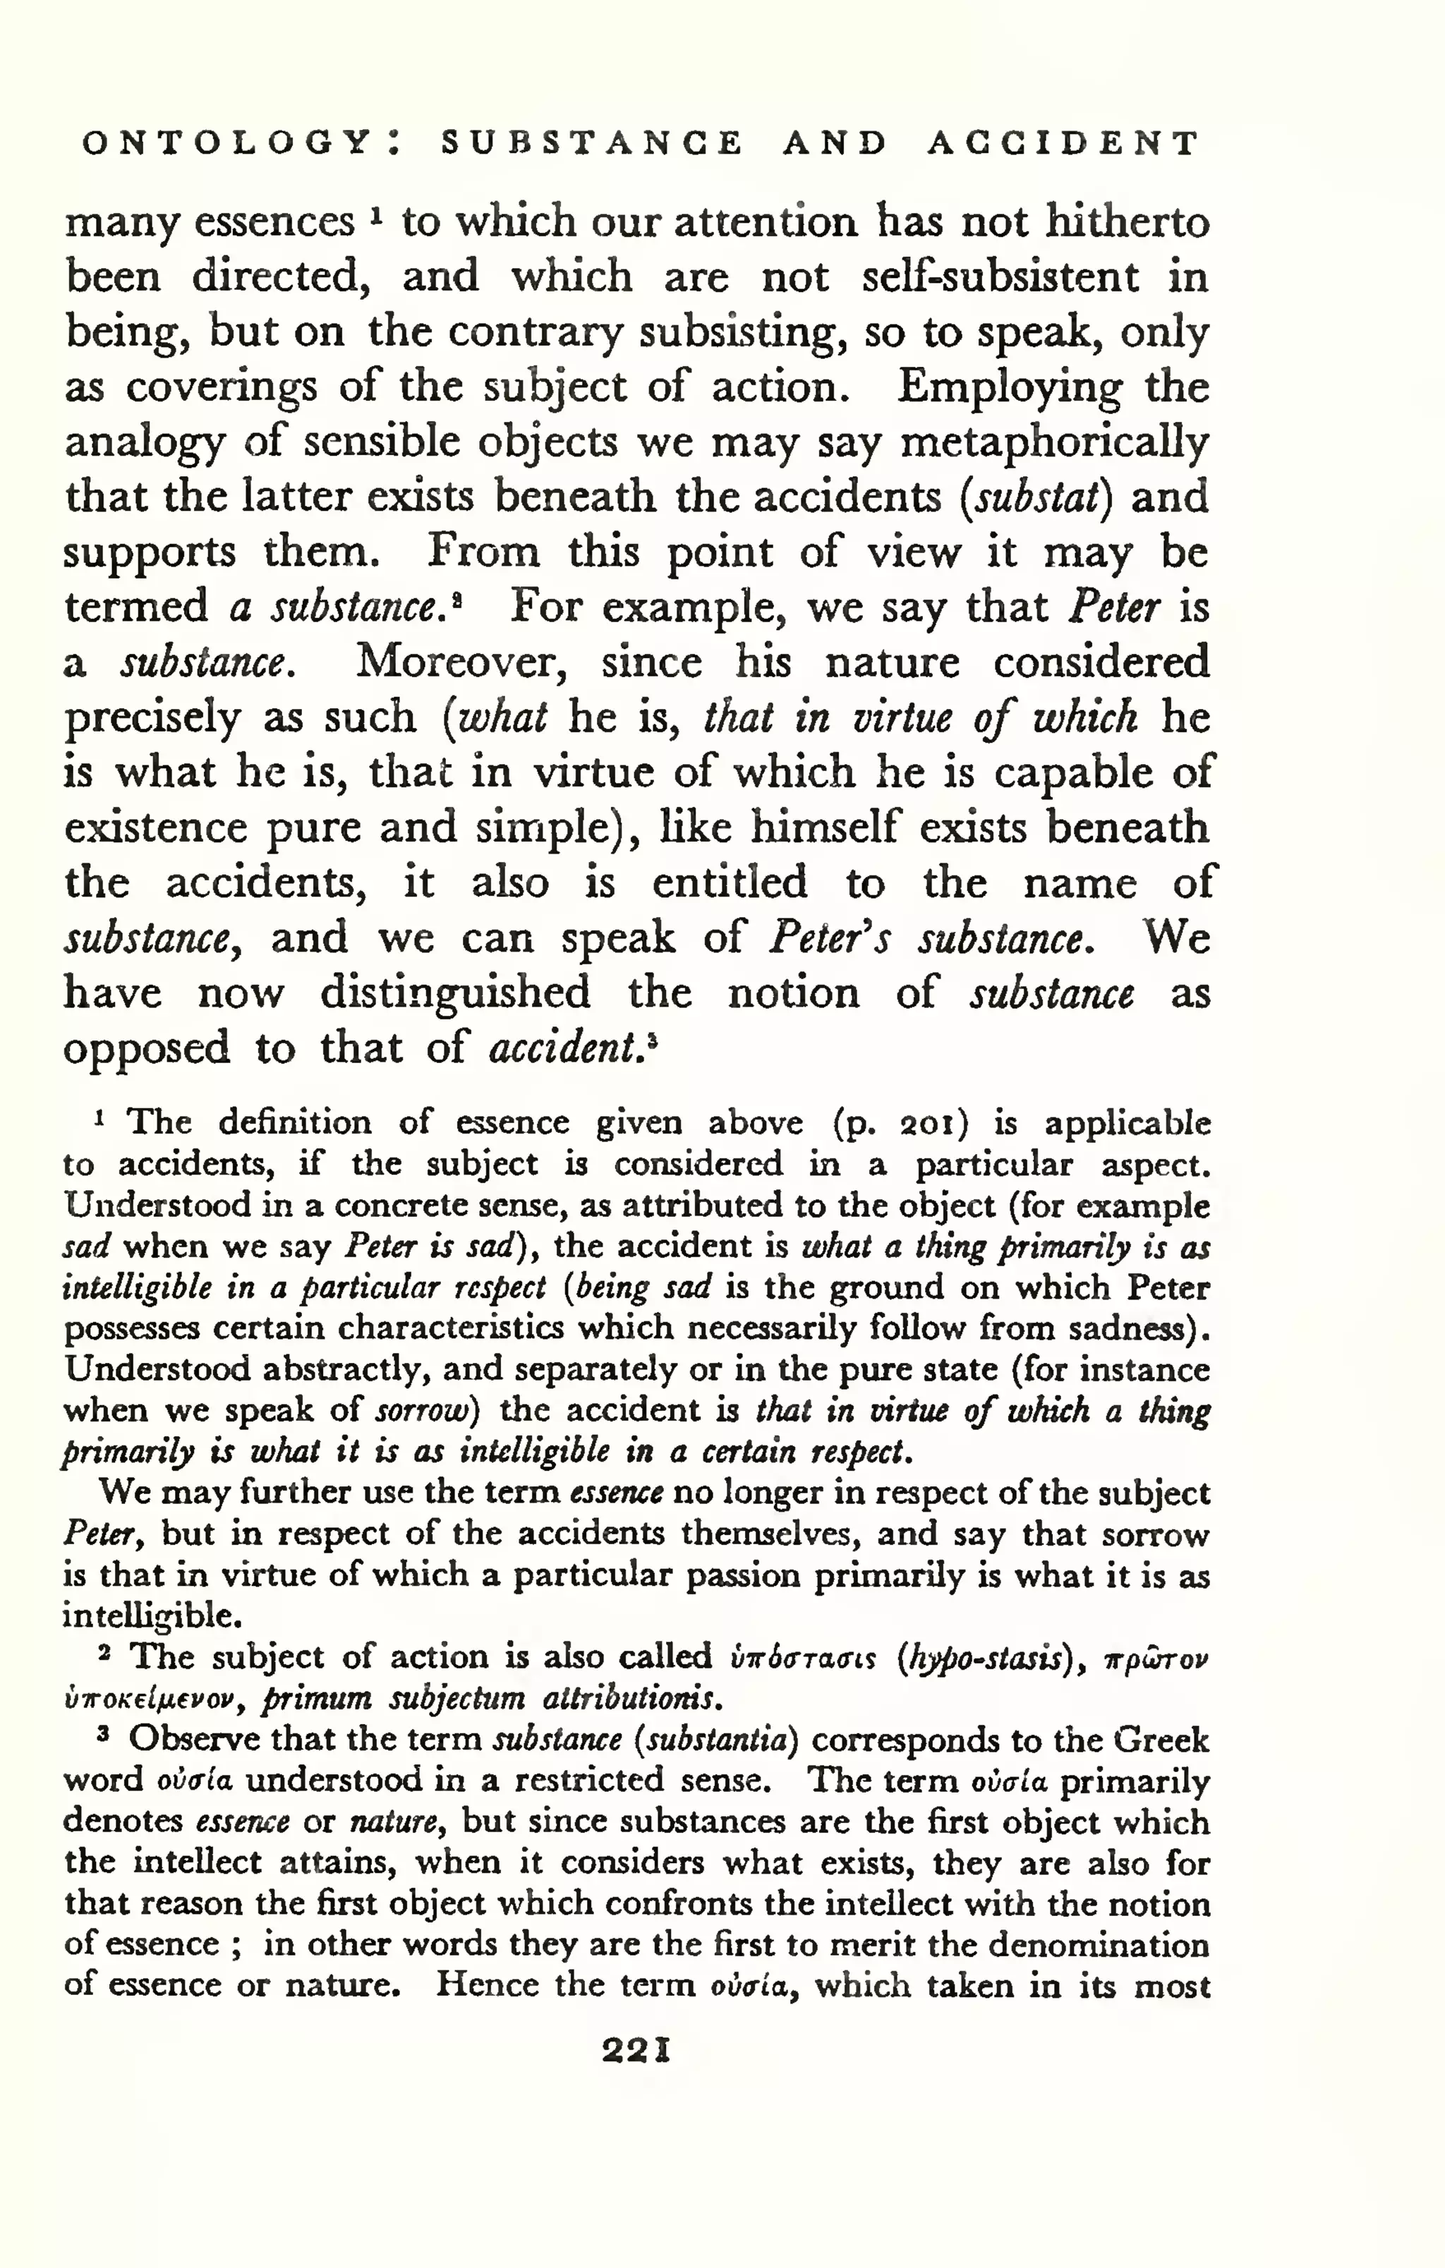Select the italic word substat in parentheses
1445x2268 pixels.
(x=1036, y=497)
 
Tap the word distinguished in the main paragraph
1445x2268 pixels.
(x=455, y=993)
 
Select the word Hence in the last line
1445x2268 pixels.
(x=485, y=1985)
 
